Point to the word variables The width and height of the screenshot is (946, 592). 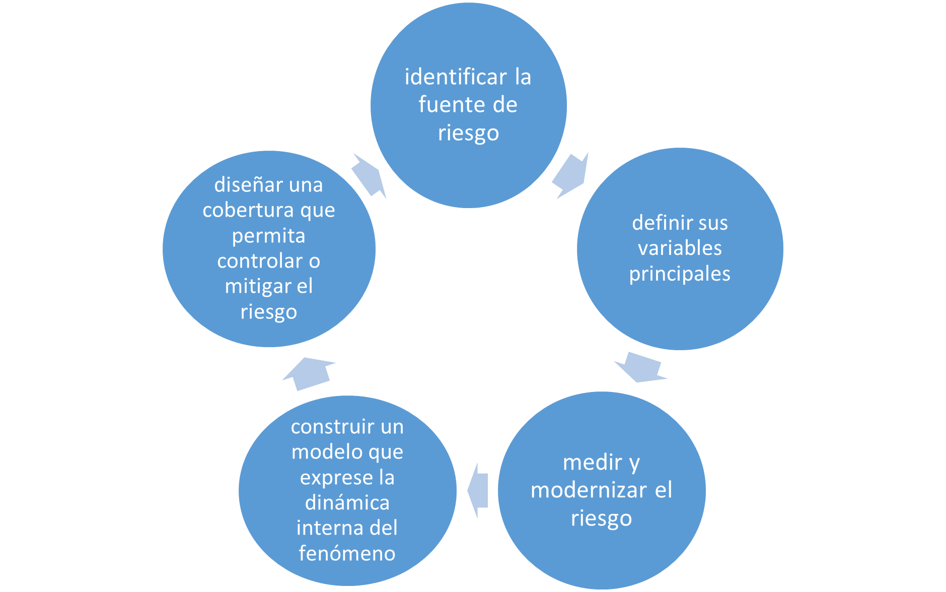[680, 248]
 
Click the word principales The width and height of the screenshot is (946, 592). [680, 274]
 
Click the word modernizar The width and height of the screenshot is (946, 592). [589, 490]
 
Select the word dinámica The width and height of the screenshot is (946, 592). [347, 503]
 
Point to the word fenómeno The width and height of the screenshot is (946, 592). [347, 553]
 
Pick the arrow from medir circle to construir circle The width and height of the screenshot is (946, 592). [478, 490]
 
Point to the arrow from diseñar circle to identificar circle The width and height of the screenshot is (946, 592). [369, 176]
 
